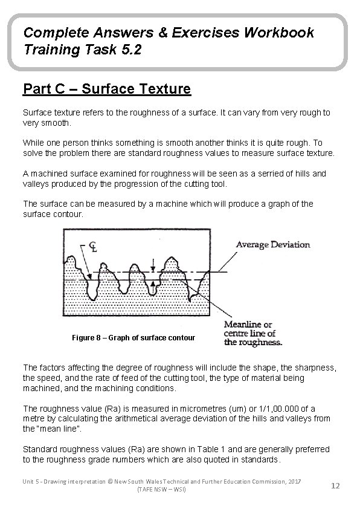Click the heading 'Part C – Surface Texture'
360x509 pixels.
point(107,89)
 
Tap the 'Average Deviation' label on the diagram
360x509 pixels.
point(272,245)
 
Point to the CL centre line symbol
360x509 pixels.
point(93,247)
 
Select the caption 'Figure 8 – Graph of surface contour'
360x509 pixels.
point(133,337)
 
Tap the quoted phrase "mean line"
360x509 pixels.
point(61,429)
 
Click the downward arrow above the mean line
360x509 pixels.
point(153,264)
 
